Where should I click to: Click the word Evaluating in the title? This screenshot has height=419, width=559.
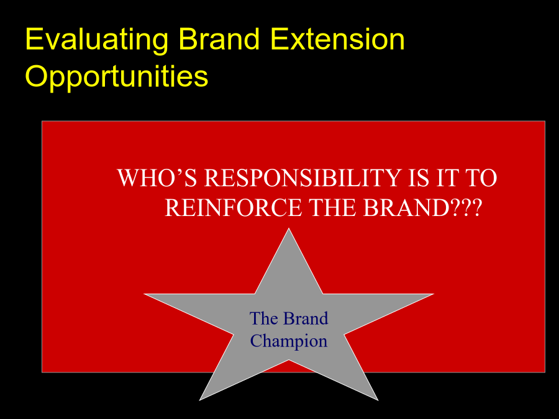(97, 40)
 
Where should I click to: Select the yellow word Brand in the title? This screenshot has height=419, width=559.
(219, 38)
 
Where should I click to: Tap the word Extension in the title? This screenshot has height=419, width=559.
(338, 38)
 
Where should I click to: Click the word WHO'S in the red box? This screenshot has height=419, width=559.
(157, 178)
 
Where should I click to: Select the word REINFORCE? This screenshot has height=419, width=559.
(234, 207)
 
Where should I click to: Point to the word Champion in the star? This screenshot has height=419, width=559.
(289, 341)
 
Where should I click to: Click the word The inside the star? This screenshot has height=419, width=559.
(264, 318)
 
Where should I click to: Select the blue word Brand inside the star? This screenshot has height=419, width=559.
(306, 318)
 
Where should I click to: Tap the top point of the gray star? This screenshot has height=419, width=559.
(289, 228)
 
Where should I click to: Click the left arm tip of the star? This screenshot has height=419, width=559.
(144, 294)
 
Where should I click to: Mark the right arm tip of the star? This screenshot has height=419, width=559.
(434, 294)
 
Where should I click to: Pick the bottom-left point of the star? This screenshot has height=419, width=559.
(199, 400)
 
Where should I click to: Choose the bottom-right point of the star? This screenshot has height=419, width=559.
(378, 400)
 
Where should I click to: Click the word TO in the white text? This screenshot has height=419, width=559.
(481, 178)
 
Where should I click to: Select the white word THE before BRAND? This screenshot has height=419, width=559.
(333, 207)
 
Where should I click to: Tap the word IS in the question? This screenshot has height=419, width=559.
(419, 178)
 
